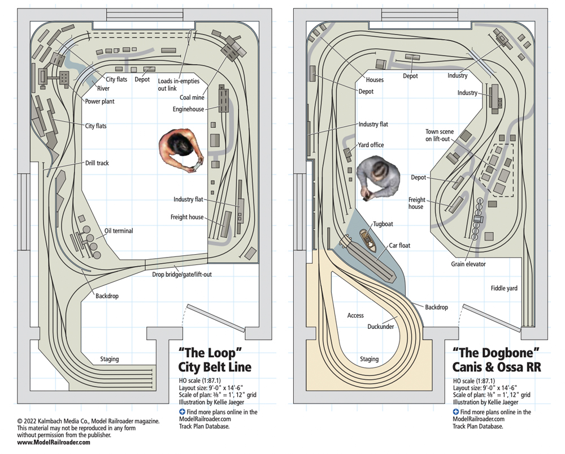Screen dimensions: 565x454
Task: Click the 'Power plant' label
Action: point(100,101)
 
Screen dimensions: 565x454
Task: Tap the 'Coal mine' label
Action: point(192,97)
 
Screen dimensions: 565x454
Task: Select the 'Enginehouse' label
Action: point(188,109)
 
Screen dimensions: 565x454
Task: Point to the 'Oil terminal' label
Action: point(119,230)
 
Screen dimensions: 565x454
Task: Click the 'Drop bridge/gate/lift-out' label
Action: point(181,275)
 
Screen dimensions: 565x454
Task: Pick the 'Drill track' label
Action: point(97,163)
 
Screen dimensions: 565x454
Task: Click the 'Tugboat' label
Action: point(383,224)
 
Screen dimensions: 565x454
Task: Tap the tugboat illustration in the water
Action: point(368,241)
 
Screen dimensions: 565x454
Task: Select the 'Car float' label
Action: point(399,246)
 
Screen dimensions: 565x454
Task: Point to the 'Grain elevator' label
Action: point(468,264)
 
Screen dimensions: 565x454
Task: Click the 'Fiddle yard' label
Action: point(504,288)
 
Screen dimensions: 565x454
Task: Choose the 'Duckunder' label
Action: point(380,327)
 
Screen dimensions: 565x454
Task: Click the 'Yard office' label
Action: point(371,145)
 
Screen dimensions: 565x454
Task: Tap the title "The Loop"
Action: point(210,353)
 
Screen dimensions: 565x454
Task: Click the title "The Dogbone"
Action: point(496,353)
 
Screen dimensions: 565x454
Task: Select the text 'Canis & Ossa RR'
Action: point(497,367)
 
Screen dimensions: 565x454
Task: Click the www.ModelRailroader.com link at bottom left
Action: point(54,442)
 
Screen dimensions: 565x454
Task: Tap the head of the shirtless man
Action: point(179,143)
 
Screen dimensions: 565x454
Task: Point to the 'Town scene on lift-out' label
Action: point(439,135)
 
